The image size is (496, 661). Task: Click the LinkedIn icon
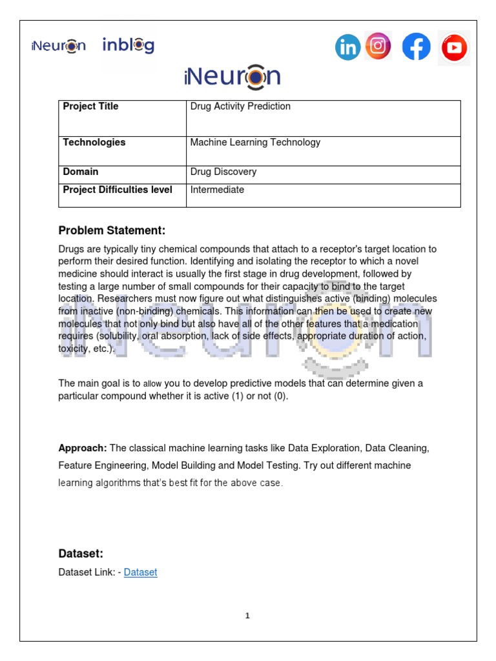coord(347,47)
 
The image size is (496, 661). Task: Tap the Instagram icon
coord(378,46)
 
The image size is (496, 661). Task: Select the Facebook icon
coord(417,47)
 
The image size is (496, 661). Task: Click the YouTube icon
coord(455,48)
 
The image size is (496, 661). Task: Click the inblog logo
coord(129,45)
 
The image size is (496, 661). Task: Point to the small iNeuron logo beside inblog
coord(58,46)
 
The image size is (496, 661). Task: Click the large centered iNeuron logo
coord(232,77)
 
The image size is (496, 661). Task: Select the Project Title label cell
coord(90,107)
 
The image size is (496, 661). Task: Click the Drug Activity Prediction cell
coord(240,107)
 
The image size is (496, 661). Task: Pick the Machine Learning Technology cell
coord(255,143)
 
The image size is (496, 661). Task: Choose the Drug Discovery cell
coord(223,172)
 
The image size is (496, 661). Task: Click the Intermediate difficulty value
coord(217,190)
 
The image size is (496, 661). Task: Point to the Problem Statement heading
coord(112,230)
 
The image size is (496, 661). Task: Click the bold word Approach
coord(83,448)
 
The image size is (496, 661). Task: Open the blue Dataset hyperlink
coord(140,572)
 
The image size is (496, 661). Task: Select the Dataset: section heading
coord(81,553)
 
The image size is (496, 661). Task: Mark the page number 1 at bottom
coord(247,616)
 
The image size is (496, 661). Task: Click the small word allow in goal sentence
coord(152,383)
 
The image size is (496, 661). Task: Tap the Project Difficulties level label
coord(118,190)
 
